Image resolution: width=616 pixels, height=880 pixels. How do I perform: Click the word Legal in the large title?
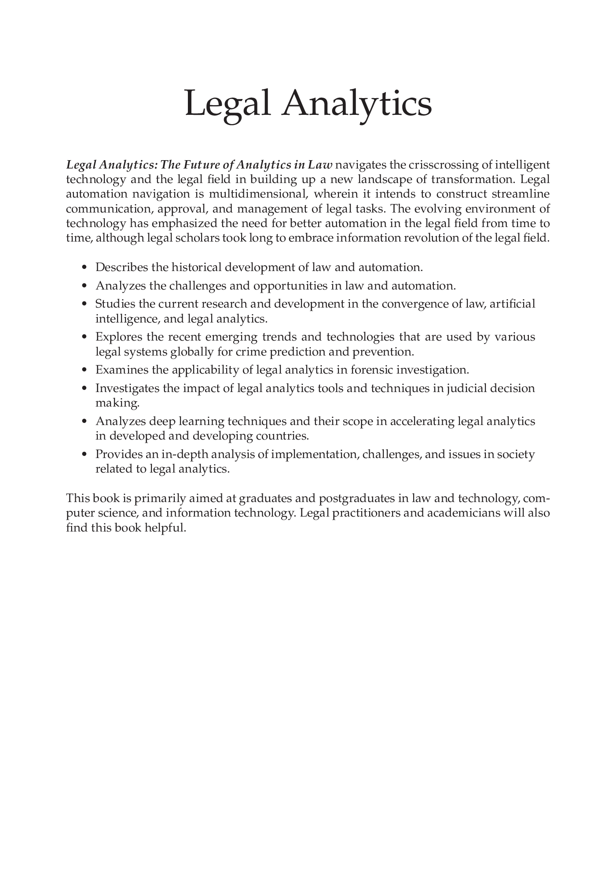click(x=227, y=104)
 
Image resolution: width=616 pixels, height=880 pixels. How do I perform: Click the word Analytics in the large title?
click(x=357, y=104)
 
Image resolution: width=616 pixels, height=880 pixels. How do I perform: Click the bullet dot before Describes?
click(x=85, y=268)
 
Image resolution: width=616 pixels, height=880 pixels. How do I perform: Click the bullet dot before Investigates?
click(x=85, y=389)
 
